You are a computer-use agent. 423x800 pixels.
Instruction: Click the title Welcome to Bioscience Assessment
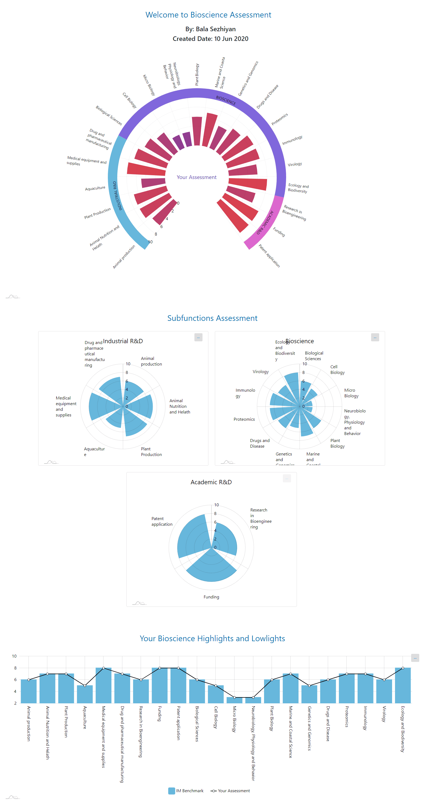coord(208,15)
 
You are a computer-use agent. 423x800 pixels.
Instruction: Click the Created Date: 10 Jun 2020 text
coord(210,39)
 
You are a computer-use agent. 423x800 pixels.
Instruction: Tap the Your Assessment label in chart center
coord(197,177)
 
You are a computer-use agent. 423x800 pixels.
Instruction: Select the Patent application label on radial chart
coord(269,256)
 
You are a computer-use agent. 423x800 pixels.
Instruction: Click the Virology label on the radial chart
coord(294,164)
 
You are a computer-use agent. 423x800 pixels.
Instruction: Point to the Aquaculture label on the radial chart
coord(95,188)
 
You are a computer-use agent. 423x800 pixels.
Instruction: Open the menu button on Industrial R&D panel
coord(198,337)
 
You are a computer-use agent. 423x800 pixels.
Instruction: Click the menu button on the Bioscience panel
coord(375,337)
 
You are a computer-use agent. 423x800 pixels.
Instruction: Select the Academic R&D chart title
coord(211,482)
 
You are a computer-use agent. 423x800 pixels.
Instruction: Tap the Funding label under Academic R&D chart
coord(211,597)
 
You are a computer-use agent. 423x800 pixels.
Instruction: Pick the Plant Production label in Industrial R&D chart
coord(151,452)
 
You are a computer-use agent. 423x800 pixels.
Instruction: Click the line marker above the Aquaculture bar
coord(85,685)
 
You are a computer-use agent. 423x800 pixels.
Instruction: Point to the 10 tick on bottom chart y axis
coord(14,656)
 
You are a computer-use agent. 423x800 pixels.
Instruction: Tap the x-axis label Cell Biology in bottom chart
coord(216,717)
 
